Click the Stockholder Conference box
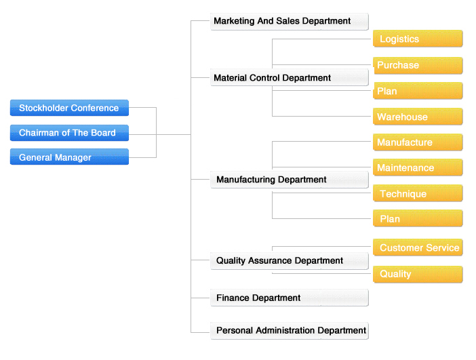coord(69,108)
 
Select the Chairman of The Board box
coord(69,133)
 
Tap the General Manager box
coord(69,157)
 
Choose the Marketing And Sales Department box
coord(290,21)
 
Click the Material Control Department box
coord(290,77)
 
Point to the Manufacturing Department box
coord(290,180)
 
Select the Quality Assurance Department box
coord(290,261)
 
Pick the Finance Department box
coord(290,298)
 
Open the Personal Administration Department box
coord(290,331)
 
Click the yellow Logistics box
coord(418,39)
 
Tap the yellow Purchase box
coord(418,65)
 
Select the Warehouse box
coord(418,117)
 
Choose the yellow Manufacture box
coord(418,142)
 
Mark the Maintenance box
coord(418,167)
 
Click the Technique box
coord(418,193)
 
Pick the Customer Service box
coord(418,247)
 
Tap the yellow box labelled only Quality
coord(418,274)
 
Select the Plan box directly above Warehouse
coord(418,91)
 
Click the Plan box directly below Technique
coord(418,218)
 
